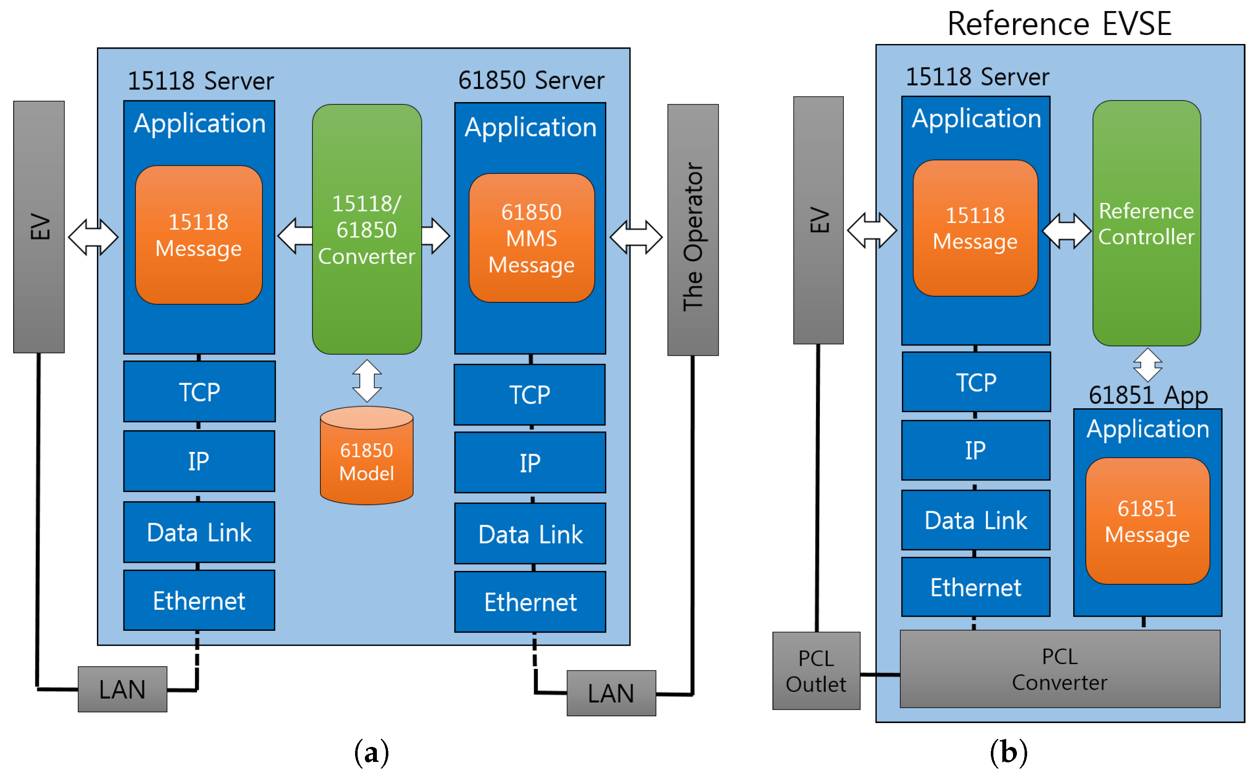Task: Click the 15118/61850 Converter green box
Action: [367, 229]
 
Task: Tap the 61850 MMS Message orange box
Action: [532, 238]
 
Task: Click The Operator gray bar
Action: [692, 230]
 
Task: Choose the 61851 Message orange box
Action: [1147, 521]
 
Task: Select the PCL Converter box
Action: [1059, 669]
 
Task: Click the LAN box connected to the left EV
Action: [122, 689]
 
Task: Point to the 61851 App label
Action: [1148, 395]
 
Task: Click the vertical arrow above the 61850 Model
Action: [367, 381]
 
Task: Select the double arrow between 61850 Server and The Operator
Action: [635, 237]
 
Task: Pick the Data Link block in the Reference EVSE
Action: [975, 520]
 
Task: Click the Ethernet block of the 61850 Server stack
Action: [530, 602]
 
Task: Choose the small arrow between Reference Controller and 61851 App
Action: [1147, 365]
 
